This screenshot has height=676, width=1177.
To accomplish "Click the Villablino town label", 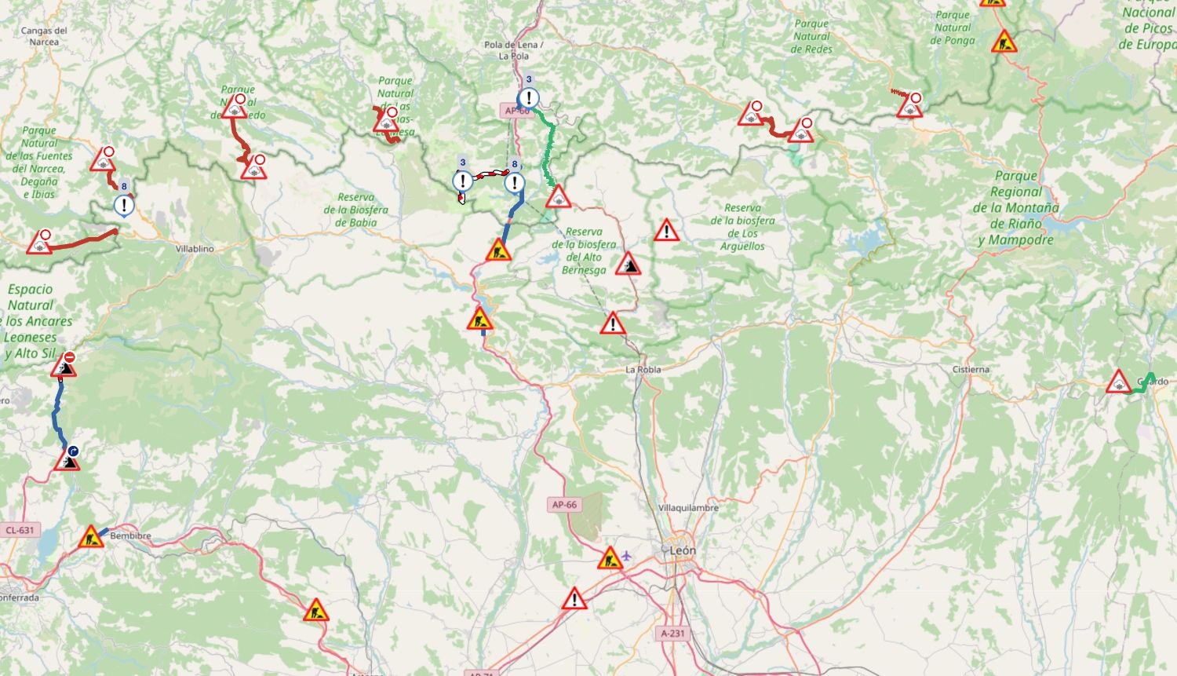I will [x=195, y=249].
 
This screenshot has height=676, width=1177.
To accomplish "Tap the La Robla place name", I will [x=643, y=369].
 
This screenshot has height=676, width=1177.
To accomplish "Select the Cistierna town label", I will [x=971, y=369].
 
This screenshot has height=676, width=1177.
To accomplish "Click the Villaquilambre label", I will [x=688, y=508].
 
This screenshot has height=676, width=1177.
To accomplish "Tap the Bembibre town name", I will [x=130, y=536].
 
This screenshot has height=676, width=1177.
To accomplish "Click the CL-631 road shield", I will [x=20, y=530].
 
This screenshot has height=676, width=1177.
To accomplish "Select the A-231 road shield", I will [x=672, y=633].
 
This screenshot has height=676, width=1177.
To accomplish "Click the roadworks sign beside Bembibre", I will [x=91, y=538].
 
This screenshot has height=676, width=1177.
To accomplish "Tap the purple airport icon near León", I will [x=626, y=557].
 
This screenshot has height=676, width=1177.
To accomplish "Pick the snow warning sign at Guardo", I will [x=1118, y=383].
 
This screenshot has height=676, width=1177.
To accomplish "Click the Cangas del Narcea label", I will [x=44, y=36].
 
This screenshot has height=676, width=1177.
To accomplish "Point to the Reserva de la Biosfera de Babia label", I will [x=355, y=210].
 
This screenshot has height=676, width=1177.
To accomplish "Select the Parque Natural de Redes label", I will [x=811, y=36].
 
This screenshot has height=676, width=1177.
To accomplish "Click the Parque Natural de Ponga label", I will [x=953, y=27].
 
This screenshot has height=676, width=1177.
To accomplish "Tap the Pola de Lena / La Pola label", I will [x=513, y=50].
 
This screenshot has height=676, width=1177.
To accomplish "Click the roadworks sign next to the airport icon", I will [x=610, y=558].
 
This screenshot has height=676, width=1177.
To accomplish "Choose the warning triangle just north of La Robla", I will [x=613, y=323].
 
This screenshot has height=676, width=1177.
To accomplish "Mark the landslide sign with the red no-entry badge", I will [x=64, y=365].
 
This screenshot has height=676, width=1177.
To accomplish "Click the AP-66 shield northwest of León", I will [x=563, y=505].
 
